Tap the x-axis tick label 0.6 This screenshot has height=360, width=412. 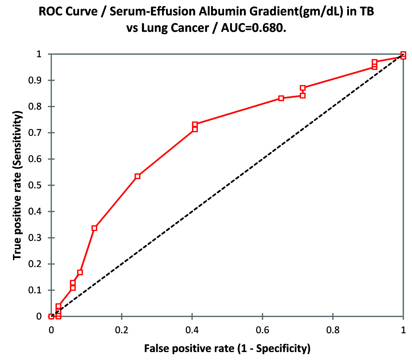click(263, 329)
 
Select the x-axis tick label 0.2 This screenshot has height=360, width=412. click(122, 329)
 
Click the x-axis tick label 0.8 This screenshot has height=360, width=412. click(333, 329)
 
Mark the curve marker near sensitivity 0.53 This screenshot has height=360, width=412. click(137, 176)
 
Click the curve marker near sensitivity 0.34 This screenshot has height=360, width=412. click(94, 228)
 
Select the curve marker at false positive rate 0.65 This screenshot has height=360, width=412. click(281, 98)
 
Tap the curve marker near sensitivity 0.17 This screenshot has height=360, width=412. click(80, 272)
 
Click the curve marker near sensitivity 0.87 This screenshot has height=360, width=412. click(303, 88)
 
